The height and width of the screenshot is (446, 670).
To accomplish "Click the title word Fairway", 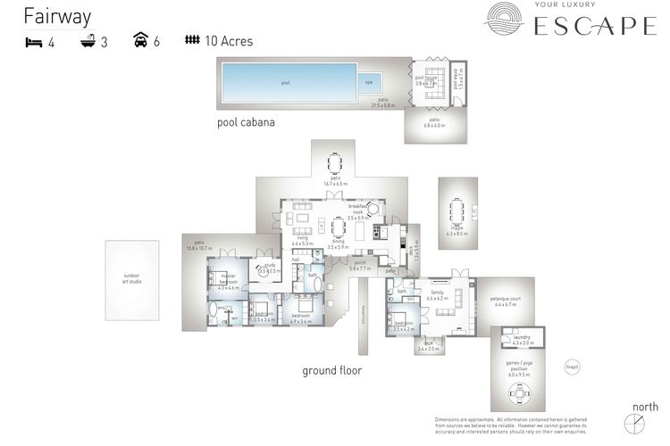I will (57, 17).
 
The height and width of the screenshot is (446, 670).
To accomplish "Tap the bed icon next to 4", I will (32, 41).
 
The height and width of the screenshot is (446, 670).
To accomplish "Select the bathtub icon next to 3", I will (88, 41).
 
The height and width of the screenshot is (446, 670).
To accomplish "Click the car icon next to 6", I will (141, 41).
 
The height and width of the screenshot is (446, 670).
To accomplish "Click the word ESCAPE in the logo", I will (594, 28).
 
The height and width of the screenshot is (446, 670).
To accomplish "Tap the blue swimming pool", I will (286, 82).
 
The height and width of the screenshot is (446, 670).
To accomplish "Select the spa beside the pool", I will (369, 82).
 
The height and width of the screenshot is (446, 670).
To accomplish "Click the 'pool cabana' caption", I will (246, 122).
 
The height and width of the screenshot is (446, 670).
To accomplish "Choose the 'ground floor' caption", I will (331, 370).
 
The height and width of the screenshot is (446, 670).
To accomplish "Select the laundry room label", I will (523, 339).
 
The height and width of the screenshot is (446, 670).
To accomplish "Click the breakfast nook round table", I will (373, 207).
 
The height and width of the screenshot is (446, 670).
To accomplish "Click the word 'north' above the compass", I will (645, 407).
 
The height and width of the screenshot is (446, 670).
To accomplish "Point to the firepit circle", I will (572, 366).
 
